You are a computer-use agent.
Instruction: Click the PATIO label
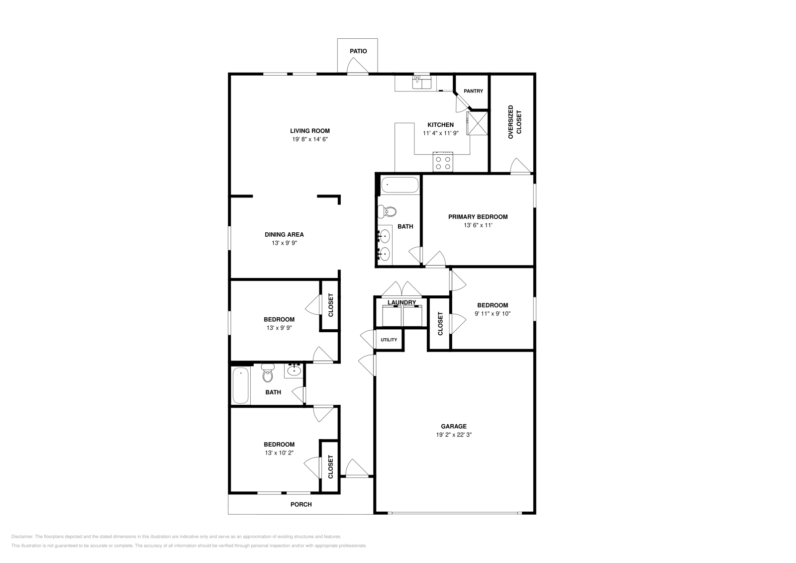358,51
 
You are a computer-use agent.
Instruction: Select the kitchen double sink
422,82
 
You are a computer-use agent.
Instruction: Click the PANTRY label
473,91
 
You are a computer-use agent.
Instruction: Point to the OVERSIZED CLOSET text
514,122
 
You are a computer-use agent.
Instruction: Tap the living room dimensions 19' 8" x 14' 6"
310,139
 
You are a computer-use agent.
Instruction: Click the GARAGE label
454,426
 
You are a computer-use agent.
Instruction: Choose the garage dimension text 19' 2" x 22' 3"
454,435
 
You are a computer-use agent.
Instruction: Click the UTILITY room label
389,340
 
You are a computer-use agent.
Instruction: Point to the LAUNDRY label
401,302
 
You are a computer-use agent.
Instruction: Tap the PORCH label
301,504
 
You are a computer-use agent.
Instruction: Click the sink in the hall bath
294,370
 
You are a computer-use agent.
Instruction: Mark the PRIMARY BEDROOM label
478,217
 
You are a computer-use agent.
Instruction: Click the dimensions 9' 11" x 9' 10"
493,314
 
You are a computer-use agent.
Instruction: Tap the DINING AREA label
284,235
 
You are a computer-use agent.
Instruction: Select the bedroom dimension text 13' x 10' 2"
279,453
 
